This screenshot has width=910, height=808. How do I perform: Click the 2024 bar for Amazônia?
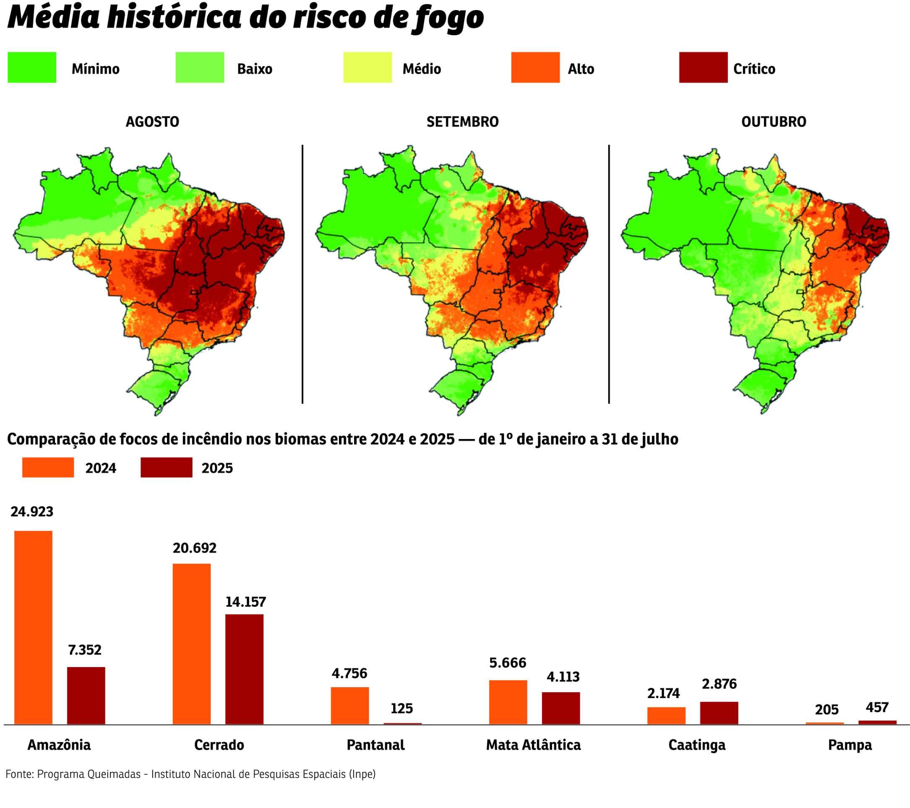tap(34, 627)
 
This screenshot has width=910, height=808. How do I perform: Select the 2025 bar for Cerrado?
tap(244, 669)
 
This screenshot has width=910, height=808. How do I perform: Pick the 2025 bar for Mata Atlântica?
tap(561, 708)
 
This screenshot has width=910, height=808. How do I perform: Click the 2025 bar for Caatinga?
tap(719, 713)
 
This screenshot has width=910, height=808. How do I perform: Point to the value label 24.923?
tap(32, 512)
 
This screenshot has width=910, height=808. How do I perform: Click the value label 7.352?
tap(85, 650)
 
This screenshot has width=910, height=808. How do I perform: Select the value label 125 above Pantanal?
tap(402, 708)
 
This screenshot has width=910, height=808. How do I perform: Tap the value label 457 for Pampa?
tap(877, 707)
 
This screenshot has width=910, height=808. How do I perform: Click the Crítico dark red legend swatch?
tap(703, 68)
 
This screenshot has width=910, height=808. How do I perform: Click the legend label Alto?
tap(581, 69)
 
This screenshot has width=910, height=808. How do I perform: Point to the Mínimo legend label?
tap(95, 69)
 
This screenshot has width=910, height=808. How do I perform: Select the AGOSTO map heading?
tap(152, 122)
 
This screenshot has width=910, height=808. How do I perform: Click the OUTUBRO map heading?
tap(774, 122)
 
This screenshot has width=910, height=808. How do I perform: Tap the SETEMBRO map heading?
tap(463, 122)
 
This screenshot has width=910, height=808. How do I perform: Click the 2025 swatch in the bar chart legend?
tap(167, 468)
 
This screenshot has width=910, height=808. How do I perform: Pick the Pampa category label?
tap(850, 745)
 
